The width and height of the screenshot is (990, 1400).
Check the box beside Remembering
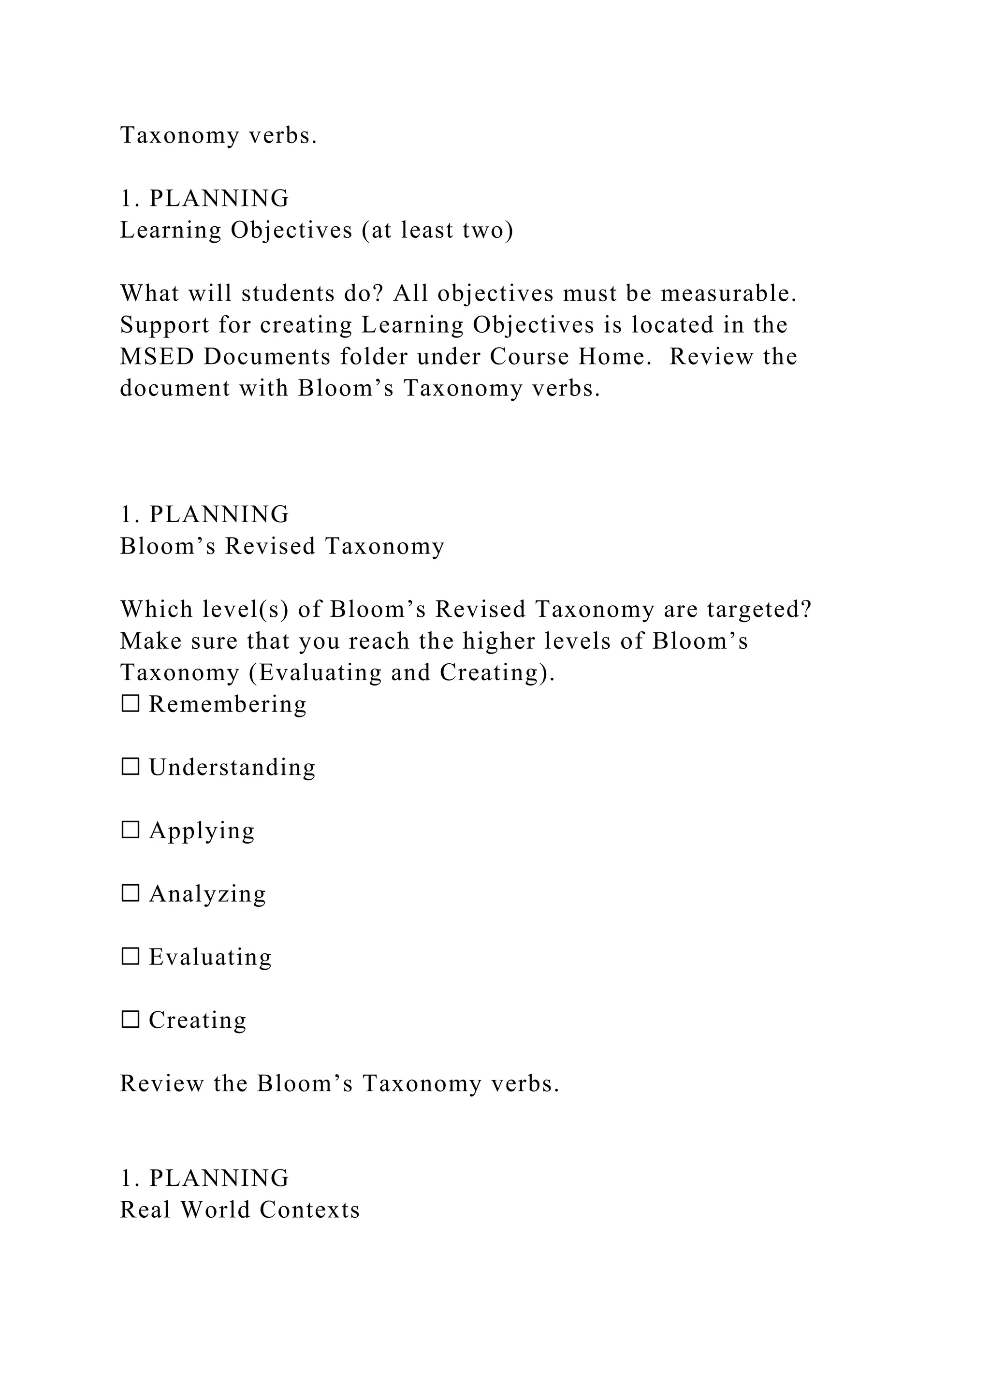pos(131,704)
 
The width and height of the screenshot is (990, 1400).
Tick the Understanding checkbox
pos(131,767)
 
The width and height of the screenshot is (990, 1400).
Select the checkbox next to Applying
pos(131,831)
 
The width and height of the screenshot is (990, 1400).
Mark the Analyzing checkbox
pos(131,894)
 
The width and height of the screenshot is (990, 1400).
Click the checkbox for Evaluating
pos(131,957)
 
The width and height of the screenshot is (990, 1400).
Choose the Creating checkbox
pos(131,1020)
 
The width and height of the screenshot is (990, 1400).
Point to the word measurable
pos(728,294)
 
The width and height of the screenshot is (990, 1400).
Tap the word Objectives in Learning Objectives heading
pos(291,231)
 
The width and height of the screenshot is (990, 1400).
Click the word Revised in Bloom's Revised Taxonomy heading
pos(270,546)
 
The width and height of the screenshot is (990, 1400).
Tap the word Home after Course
pos(611,357)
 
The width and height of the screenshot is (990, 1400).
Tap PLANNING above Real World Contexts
pos(219,1178)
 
